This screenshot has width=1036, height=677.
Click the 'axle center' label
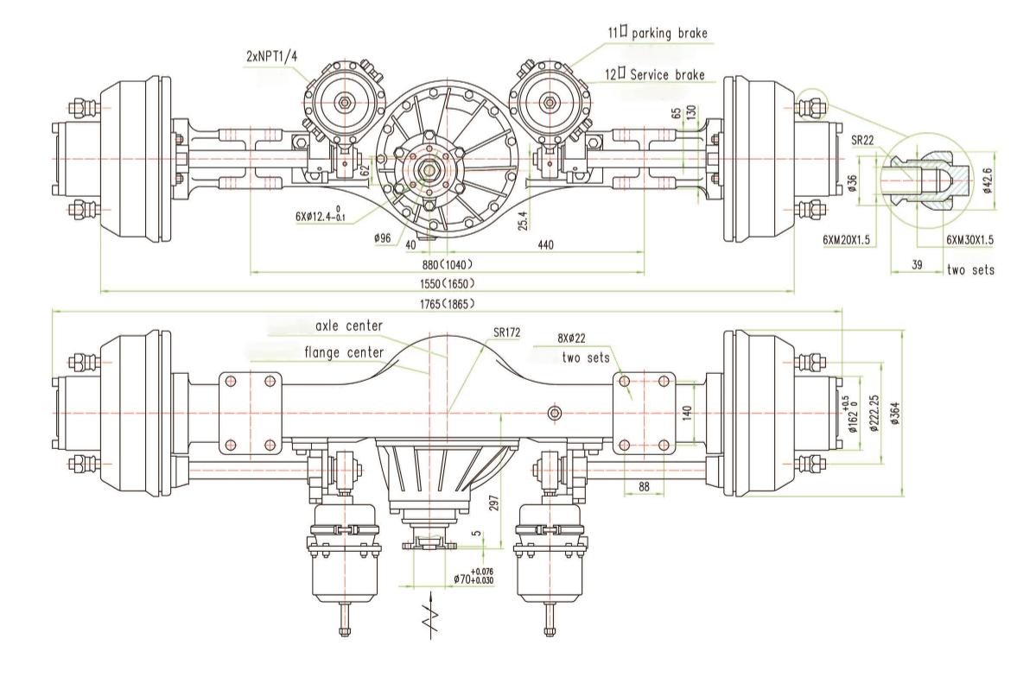tap(348, 326)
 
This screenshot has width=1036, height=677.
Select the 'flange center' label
tap(340, 351)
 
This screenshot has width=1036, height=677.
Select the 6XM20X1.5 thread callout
tap(851, 237)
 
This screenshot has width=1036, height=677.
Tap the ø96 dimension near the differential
tap(385, 237)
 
